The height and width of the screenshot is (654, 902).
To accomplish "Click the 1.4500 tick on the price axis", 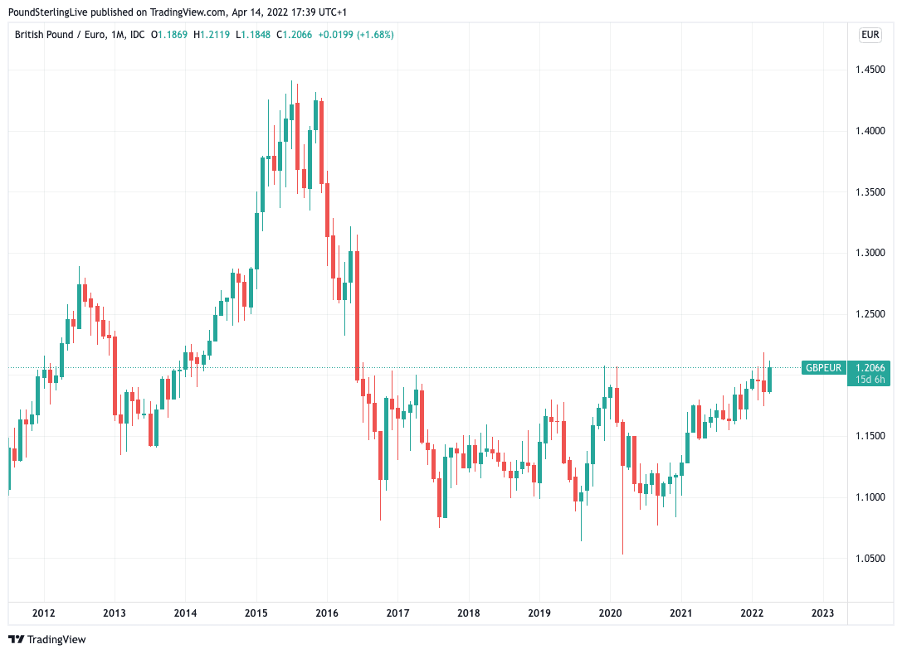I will point(870,70).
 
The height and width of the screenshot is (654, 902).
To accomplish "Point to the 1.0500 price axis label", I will point(870,559).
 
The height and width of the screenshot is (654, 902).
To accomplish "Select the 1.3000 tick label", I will point(870,253).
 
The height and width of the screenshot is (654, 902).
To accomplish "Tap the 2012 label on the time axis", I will point(43,613).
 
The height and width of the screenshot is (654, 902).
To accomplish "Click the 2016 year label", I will point(327,613).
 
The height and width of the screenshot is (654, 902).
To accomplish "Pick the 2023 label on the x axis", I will point(822,613).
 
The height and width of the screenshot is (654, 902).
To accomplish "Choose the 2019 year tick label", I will point(539,613).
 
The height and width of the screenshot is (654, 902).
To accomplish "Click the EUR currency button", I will point(870,35).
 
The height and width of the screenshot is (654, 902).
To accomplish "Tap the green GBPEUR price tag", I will point(823,368).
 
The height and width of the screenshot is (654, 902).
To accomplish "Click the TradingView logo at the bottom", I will point(47,639).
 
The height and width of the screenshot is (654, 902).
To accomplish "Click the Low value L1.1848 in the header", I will point(255,35).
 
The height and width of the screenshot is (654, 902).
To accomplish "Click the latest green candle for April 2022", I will point(770,379).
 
